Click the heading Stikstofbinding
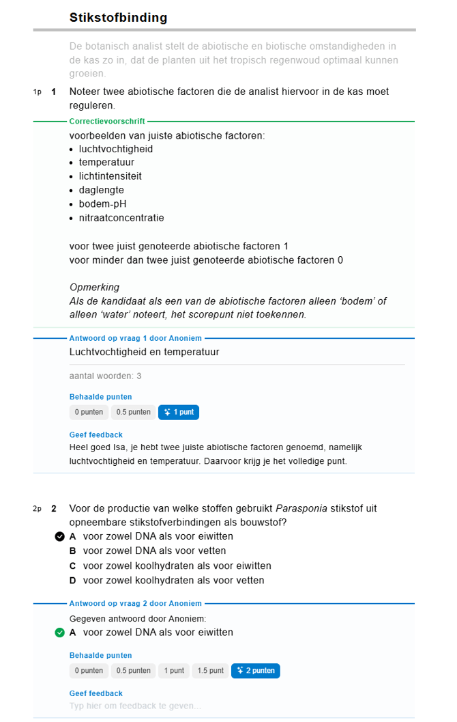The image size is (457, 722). [118, 18]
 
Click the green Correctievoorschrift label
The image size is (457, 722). [107, 121]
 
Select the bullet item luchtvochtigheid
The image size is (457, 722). [115, 149]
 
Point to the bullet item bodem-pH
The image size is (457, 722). [102, 204]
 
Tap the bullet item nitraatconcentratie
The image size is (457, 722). [121, 218]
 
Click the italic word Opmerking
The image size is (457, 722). [94, 287]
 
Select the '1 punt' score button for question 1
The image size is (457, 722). [179, 412]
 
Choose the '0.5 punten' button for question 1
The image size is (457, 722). [133, 412]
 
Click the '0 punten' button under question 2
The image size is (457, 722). [89, 671]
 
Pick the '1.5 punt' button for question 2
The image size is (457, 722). [211, 671]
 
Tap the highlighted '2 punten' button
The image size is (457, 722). [256, 671]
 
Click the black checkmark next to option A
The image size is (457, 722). [59, 536]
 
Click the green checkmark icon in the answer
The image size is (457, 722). [59, 633]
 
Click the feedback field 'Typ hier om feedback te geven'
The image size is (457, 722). [135, 706]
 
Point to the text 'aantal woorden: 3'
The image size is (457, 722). [105, 376]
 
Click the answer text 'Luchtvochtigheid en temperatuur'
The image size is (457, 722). [144, 352]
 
